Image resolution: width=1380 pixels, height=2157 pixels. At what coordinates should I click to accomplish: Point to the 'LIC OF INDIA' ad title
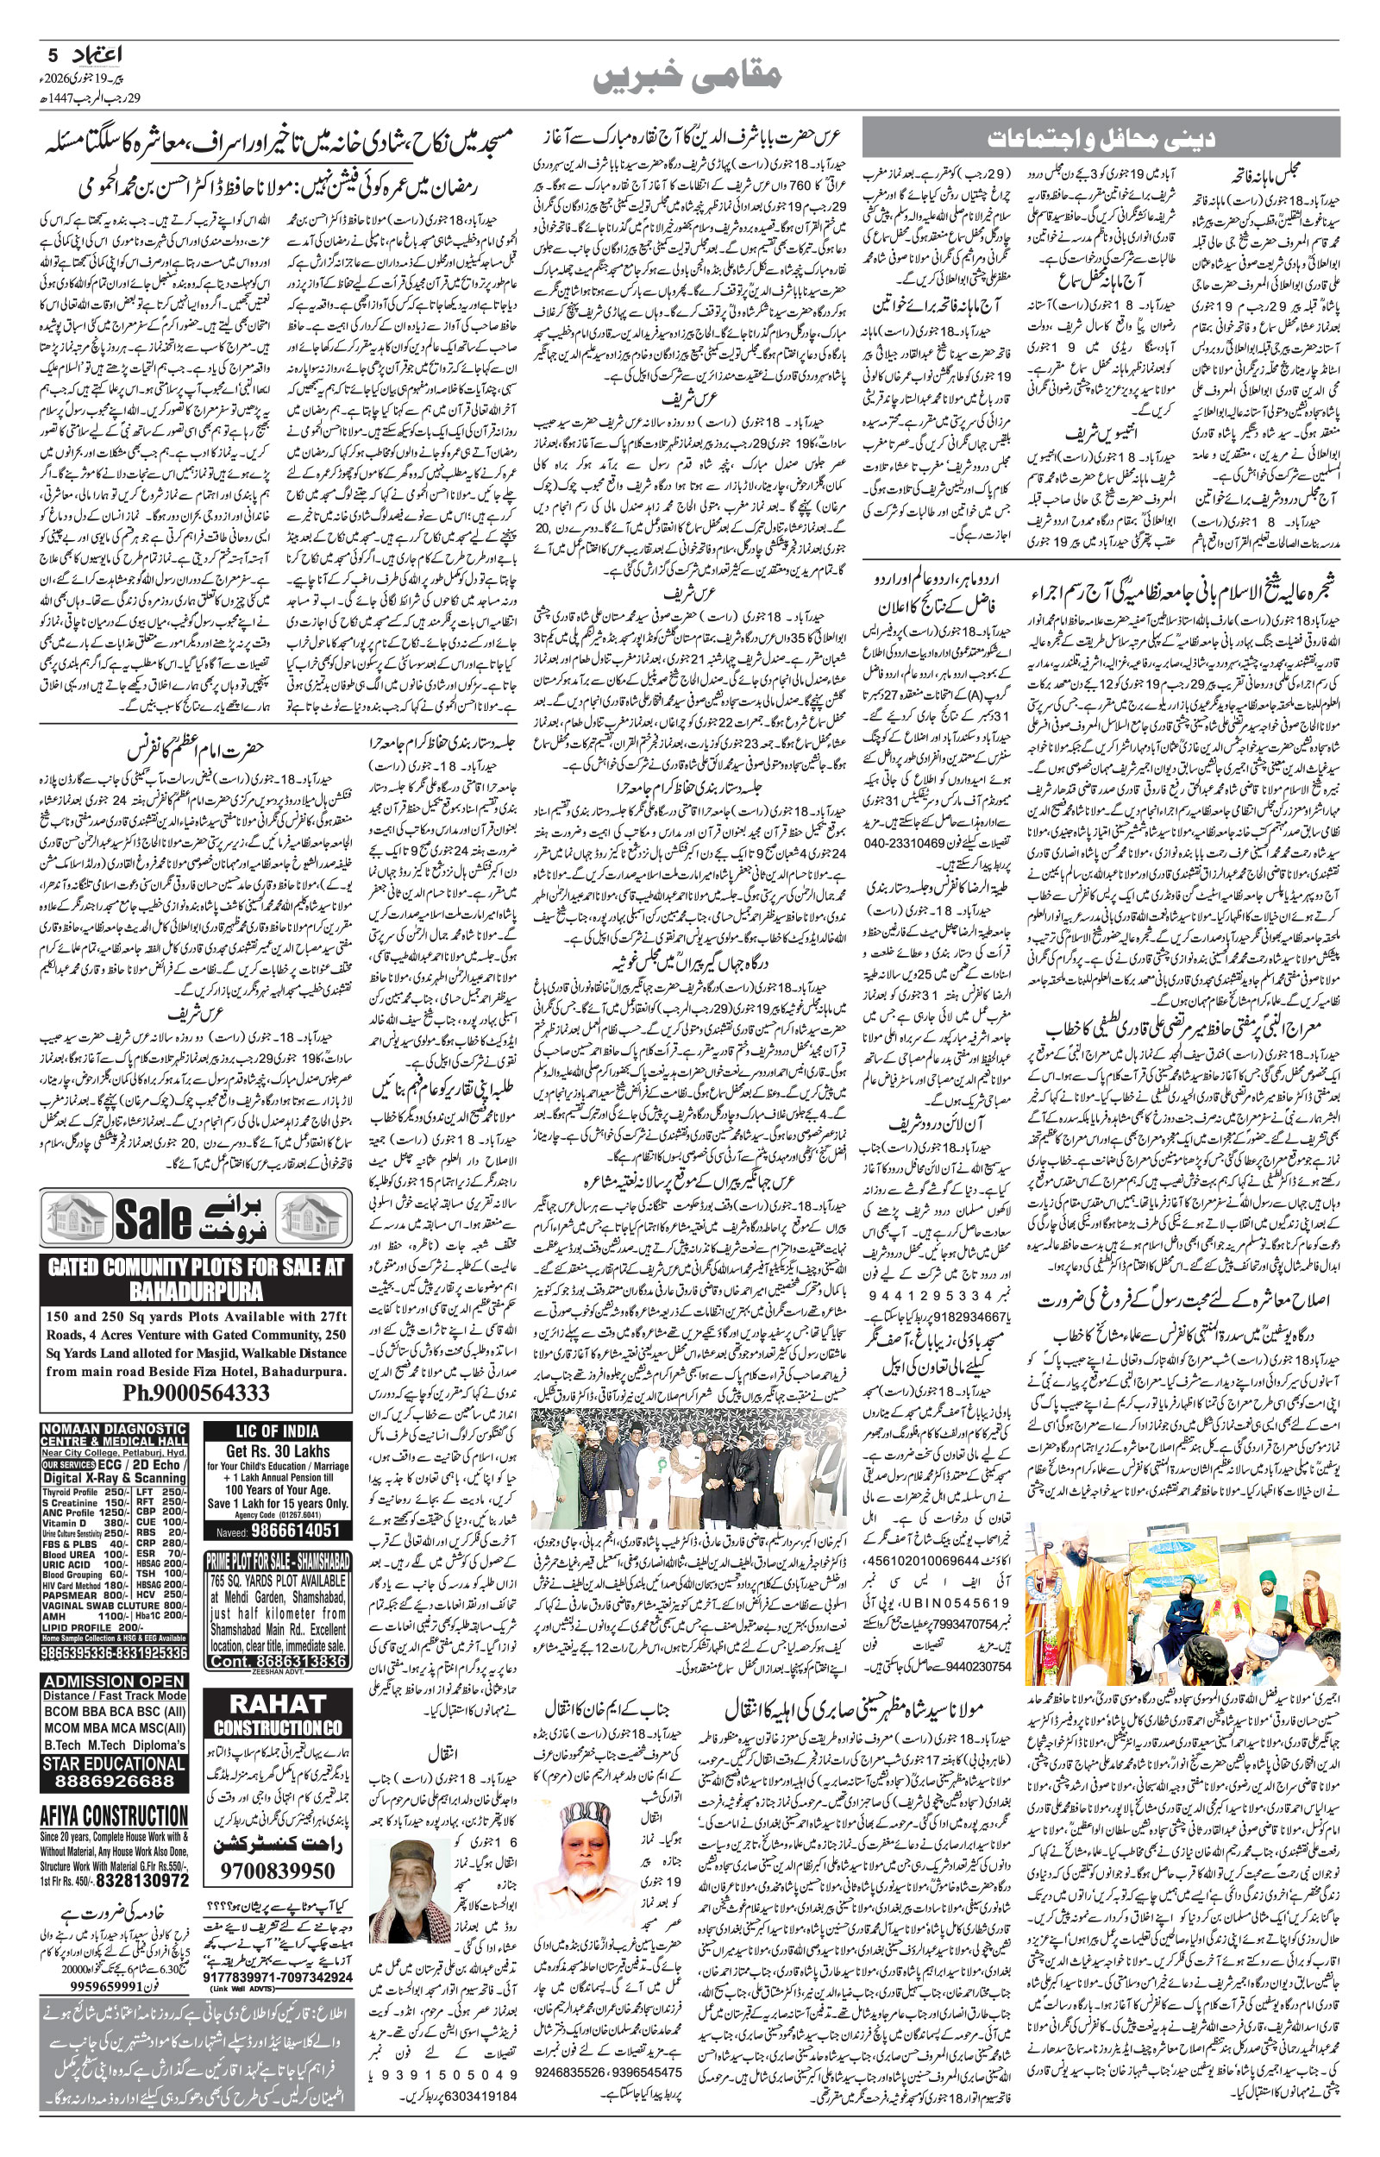[277, 1431]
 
